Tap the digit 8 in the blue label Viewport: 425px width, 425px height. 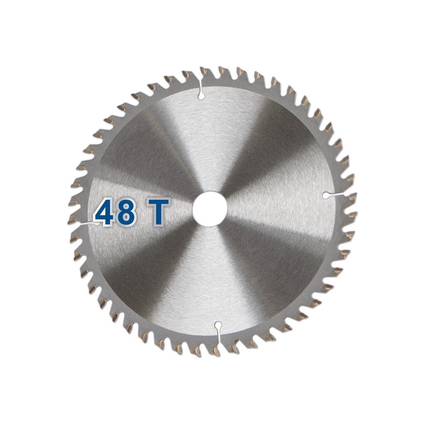(127, 212)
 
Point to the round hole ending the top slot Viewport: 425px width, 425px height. (201, 96)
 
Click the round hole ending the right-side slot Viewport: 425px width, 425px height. (326, 195)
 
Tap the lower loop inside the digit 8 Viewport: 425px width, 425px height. (127, 217)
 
